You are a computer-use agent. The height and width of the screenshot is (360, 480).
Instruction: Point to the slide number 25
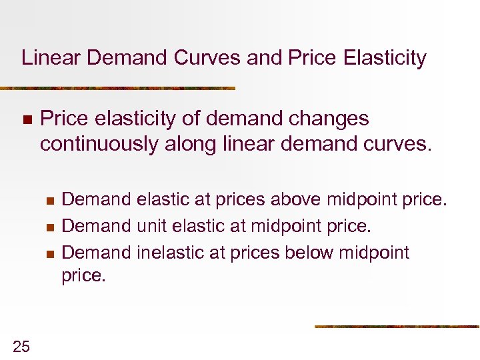[x=21, y=345]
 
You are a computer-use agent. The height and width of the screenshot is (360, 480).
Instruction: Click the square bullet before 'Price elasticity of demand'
[x=27, y=120]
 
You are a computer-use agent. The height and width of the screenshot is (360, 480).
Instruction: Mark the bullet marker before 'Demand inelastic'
[x=49, y=253]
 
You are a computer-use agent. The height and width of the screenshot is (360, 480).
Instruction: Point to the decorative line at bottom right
[x=397, y=327]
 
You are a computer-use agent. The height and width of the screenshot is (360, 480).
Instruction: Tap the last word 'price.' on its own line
[x=83, y=275]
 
